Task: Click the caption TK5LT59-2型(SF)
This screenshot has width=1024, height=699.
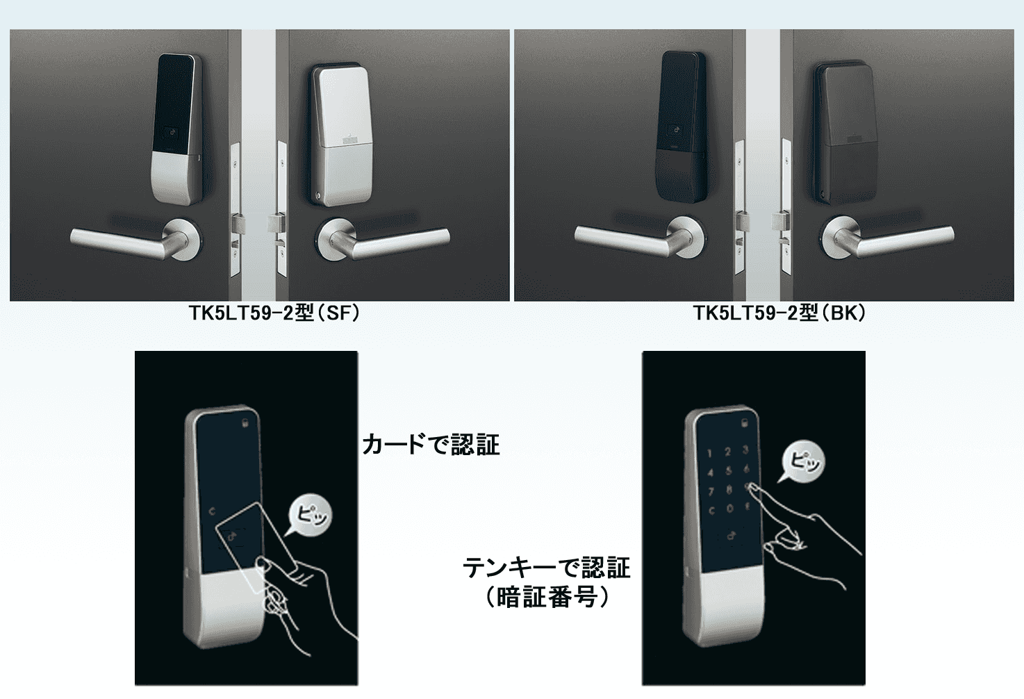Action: [274, 313]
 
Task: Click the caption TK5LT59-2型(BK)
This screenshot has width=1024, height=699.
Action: [779, 313]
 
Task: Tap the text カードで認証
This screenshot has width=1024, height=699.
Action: [431, 445]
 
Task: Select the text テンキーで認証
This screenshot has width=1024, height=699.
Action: [547, 568]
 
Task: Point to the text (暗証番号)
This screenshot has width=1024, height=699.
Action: [547, 597]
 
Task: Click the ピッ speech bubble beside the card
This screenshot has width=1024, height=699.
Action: [311, 516]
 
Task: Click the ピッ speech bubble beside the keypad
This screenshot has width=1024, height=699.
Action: [804, 462]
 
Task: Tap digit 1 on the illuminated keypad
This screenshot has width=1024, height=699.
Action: [709, 453]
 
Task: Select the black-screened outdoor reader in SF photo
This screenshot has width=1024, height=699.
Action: [178, 129]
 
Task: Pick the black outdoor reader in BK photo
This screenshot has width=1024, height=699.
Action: [682, 125]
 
